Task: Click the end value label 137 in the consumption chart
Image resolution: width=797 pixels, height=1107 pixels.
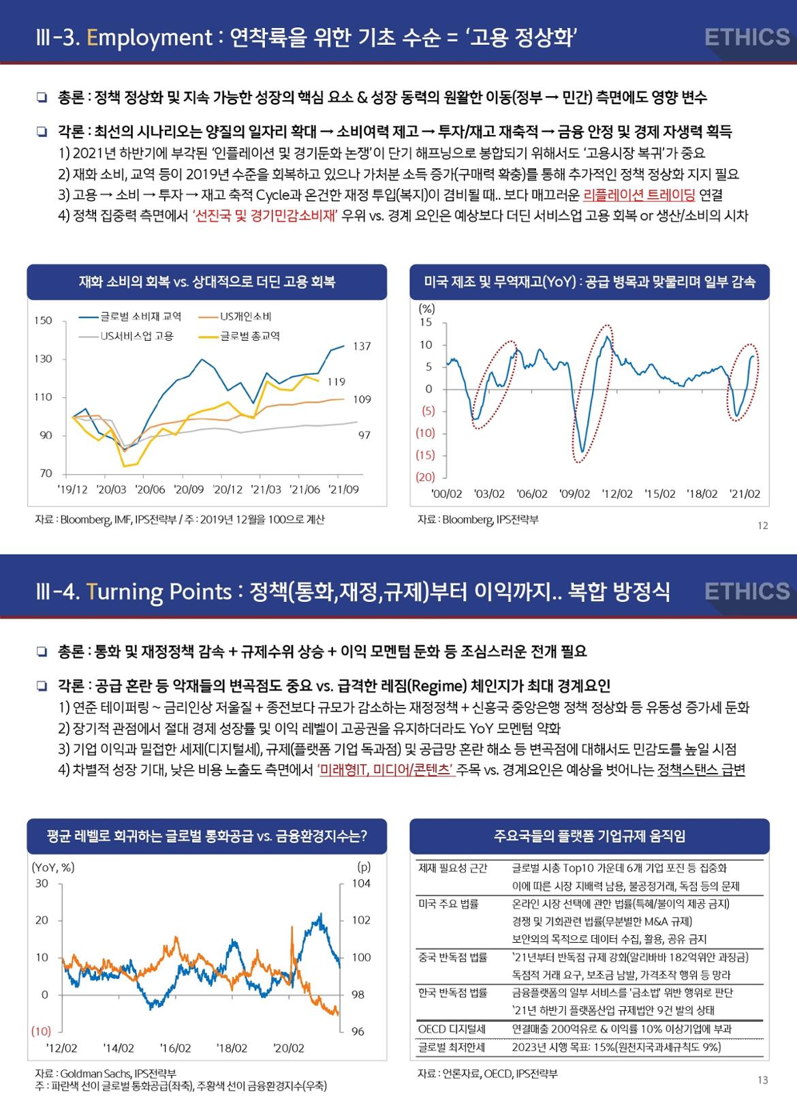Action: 362,346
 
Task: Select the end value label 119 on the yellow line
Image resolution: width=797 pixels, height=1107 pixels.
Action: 337,382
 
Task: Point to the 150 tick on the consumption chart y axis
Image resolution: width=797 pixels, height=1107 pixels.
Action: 43,320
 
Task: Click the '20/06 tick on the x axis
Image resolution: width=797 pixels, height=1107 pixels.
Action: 151,489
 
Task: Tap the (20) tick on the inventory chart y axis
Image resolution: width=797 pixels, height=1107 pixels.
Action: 425,477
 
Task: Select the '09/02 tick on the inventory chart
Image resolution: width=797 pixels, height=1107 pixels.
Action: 575,494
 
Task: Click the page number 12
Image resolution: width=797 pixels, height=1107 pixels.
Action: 762,526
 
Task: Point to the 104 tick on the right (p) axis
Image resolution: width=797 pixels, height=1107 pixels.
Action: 361,883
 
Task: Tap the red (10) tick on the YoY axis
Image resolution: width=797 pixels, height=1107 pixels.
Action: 41,1031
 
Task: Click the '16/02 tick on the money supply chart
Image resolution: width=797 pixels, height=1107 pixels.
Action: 175,1048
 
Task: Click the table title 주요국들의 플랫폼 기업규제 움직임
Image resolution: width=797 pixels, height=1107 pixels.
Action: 589,836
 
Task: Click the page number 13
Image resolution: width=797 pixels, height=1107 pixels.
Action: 762,1080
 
